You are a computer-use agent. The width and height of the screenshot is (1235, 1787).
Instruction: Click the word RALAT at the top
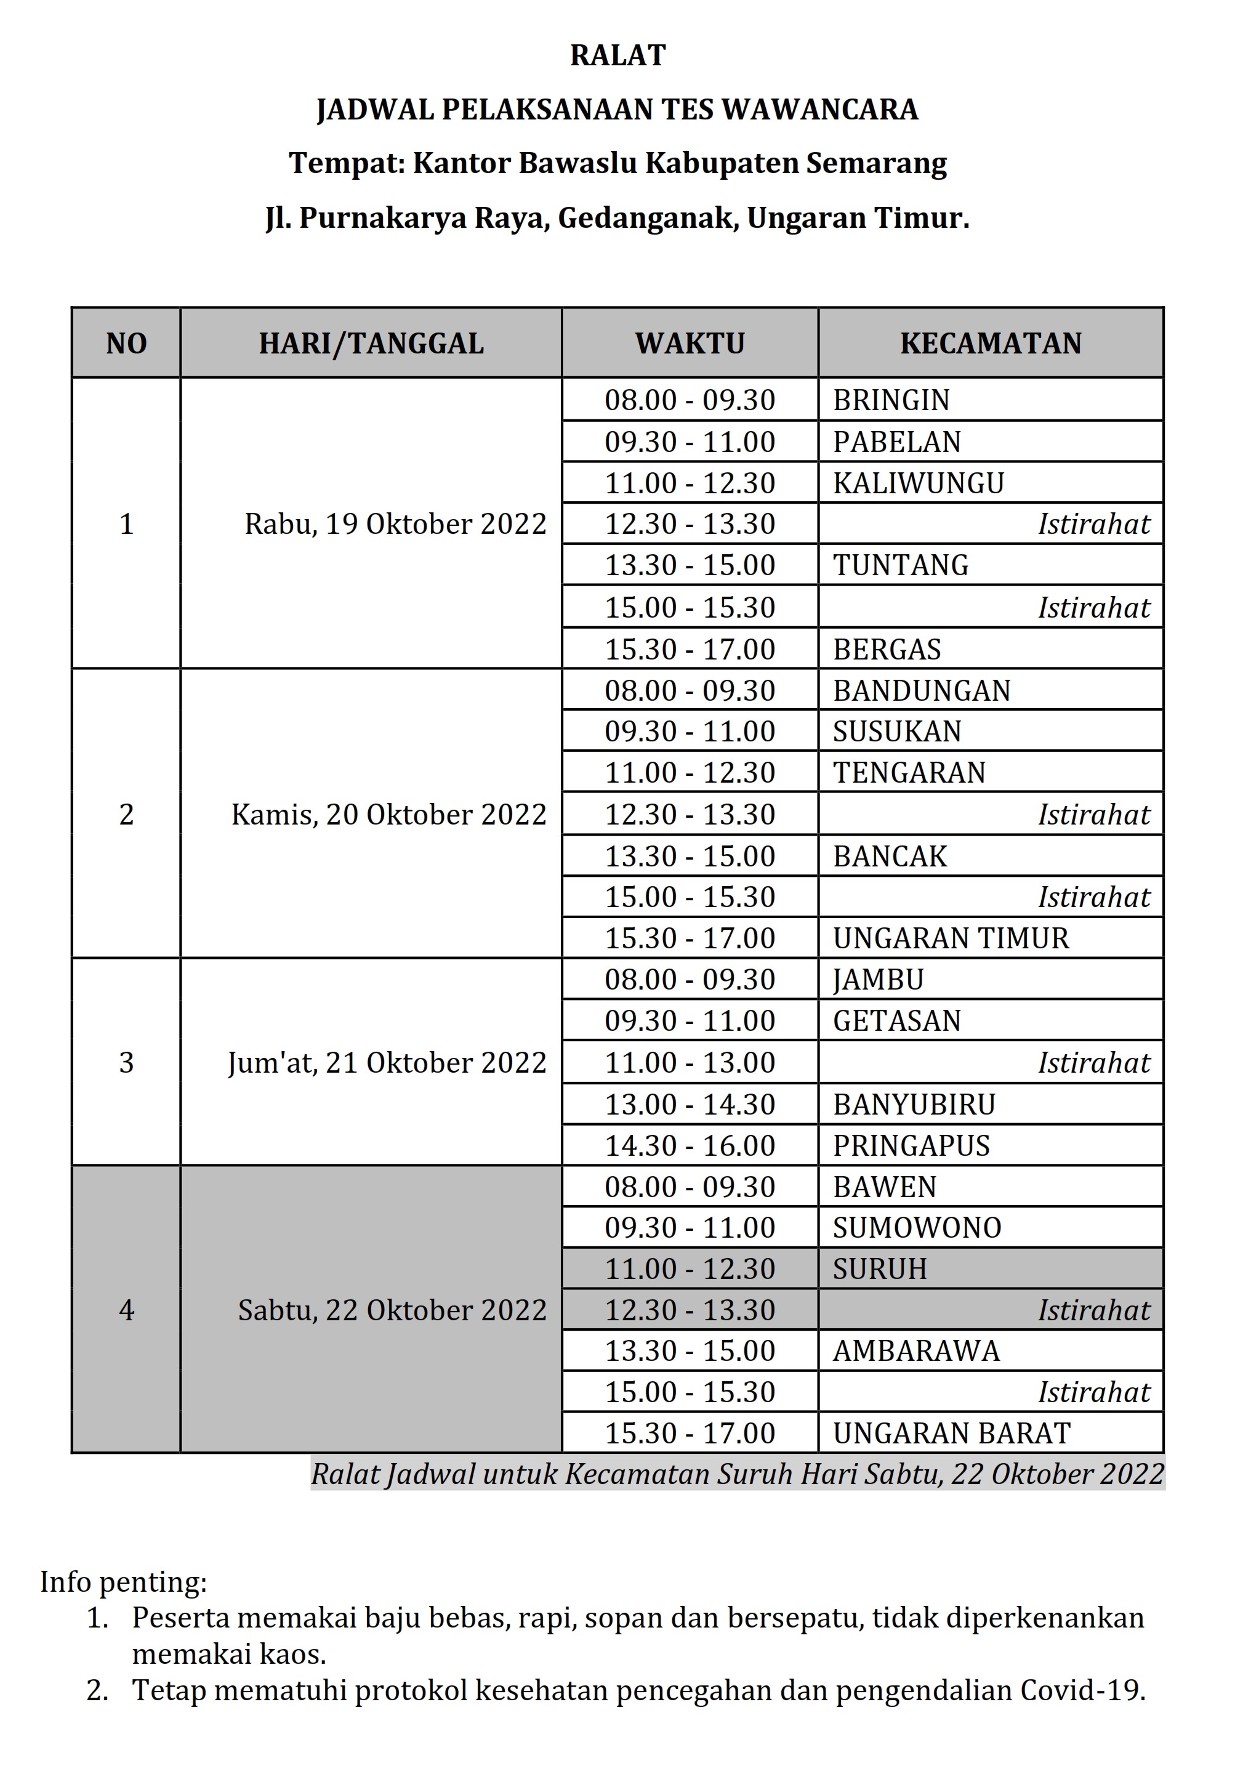pyautogui.click(x=617, y=55)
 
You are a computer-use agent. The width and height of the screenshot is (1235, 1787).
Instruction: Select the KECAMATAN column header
pyautogui.click(x=991, y=344)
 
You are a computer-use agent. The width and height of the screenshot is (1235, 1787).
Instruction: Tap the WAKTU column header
pyautogui.click(x=690, y=344)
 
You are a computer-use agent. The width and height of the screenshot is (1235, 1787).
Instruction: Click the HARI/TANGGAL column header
pyautogui.click(x=371, y=344)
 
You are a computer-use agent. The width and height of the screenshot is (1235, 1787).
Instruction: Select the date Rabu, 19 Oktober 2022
pyautogui.click(x=395, y=525)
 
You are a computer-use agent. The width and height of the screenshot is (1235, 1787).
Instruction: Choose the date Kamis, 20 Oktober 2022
pyautogui.click(x=388, y=815)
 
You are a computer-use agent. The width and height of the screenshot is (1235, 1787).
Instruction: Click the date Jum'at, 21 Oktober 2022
pyautogui.click(x=387, y=1063)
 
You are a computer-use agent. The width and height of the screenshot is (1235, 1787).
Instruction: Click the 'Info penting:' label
pyautogui.click(x=124, y=1583)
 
